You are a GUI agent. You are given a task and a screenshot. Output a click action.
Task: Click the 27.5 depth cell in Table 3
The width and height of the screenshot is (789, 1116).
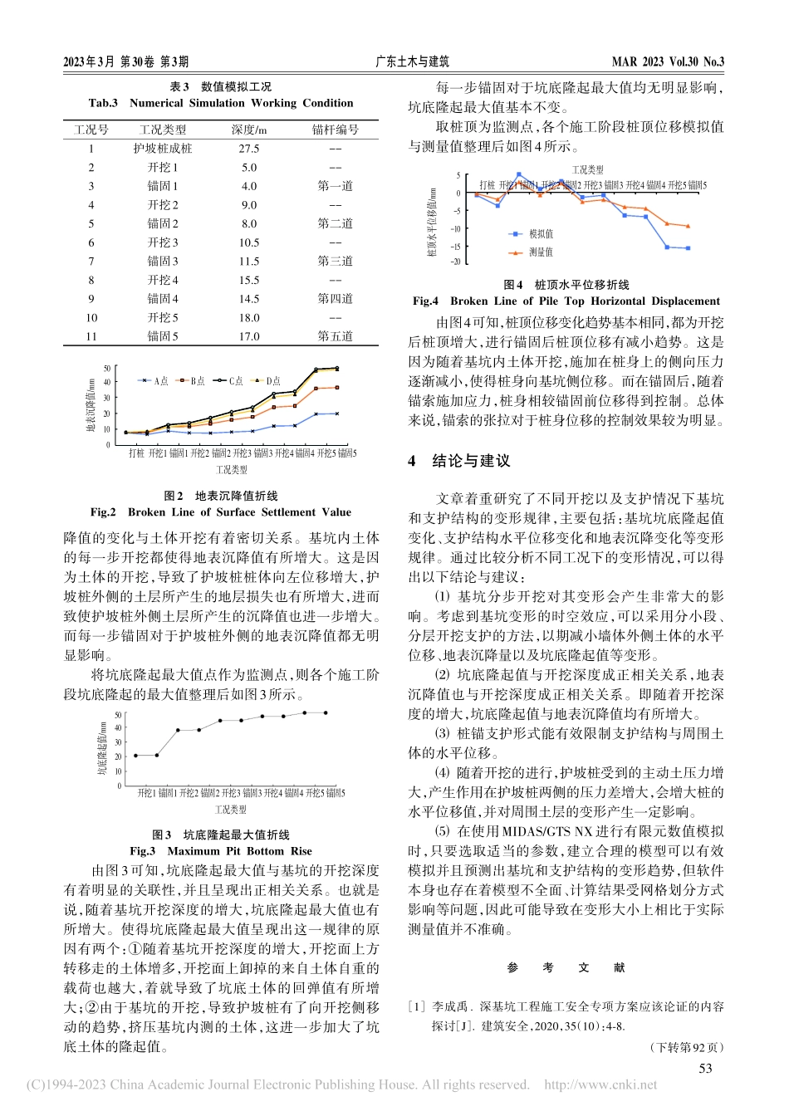click(248, 149)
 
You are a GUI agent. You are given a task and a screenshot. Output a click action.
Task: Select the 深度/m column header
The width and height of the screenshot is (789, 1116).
click(248, 130)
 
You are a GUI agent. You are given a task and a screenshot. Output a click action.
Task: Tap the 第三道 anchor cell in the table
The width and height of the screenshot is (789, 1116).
click(335, 261)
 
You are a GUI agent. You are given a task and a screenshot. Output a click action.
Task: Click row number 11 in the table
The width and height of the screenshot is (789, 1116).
click(91, 336)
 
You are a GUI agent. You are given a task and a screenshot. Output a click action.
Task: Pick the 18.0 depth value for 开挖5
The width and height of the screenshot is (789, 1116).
click(248, 317)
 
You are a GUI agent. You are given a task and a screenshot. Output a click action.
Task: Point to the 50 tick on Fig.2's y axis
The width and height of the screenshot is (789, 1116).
click(107, 369)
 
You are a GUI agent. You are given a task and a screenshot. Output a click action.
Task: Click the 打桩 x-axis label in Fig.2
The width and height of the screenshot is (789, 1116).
click(136, 453)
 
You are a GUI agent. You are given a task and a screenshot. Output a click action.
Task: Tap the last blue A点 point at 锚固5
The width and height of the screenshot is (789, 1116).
click(336, 414)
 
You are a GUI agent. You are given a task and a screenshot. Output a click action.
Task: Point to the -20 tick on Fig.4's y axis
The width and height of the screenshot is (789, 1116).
click(456, 262)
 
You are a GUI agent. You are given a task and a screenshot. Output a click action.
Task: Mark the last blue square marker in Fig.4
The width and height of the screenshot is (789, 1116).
click(688, 248)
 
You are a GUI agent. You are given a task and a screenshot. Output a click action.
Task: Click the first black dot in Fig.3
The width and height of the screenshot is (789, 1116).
click(135, 756)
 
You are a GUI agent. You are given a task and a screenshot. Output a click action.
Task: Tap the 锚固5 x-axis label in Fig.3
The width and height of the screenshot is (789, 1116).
click(336, 794)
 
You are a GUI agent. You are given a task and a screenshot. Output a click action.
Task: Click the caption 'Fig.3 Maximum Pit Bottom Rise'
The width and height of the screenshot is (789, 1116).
click(221, 851)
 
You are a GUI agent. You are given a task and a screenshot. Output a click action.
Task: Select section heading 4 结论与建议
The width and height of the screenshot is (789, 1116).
click(459, 461)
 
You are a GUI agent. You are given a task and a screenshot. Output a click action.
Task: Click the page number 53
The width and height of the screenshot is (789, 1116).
click(705, 1069)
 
